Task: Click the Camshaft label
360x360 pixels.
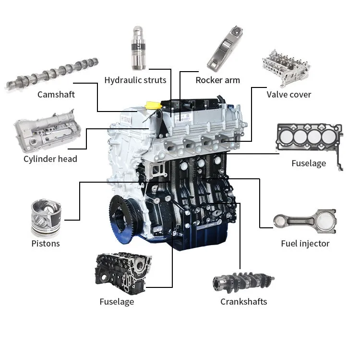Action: point(56,95)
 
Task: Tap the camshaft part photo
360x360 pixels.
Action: point(52,74)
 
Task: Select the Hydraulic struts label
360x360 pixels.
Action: point(135,80)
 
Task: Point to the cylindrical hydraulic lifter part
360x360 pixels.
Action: point(138,48)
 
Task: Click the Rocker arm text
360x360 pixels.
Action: point(217,80)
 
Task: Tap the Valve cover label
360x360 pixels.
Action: point(289,95)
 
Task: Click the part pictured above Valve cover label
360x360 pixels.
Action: point(286,68)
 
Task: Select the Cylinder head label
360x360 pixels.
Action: point(50,159)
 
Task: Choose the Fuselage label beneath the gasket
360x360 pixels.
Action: point(309,163)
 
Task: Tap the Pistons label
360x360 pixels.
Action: point(46,244)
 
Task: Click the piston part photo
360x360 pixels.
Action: point(46,218)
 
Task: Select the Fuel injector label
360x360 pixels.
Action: point(305,244)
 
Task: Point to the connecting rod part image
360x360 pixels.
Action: point(305,222)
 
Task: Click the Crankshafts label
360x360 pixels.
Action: point(243,302)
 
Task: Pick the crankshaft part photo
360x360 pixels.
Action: point(243,283)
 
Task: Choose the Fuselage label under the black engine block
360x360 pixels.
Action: point(117,302)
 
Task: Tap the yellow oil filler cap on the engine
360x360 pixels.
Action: point(154,105)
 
